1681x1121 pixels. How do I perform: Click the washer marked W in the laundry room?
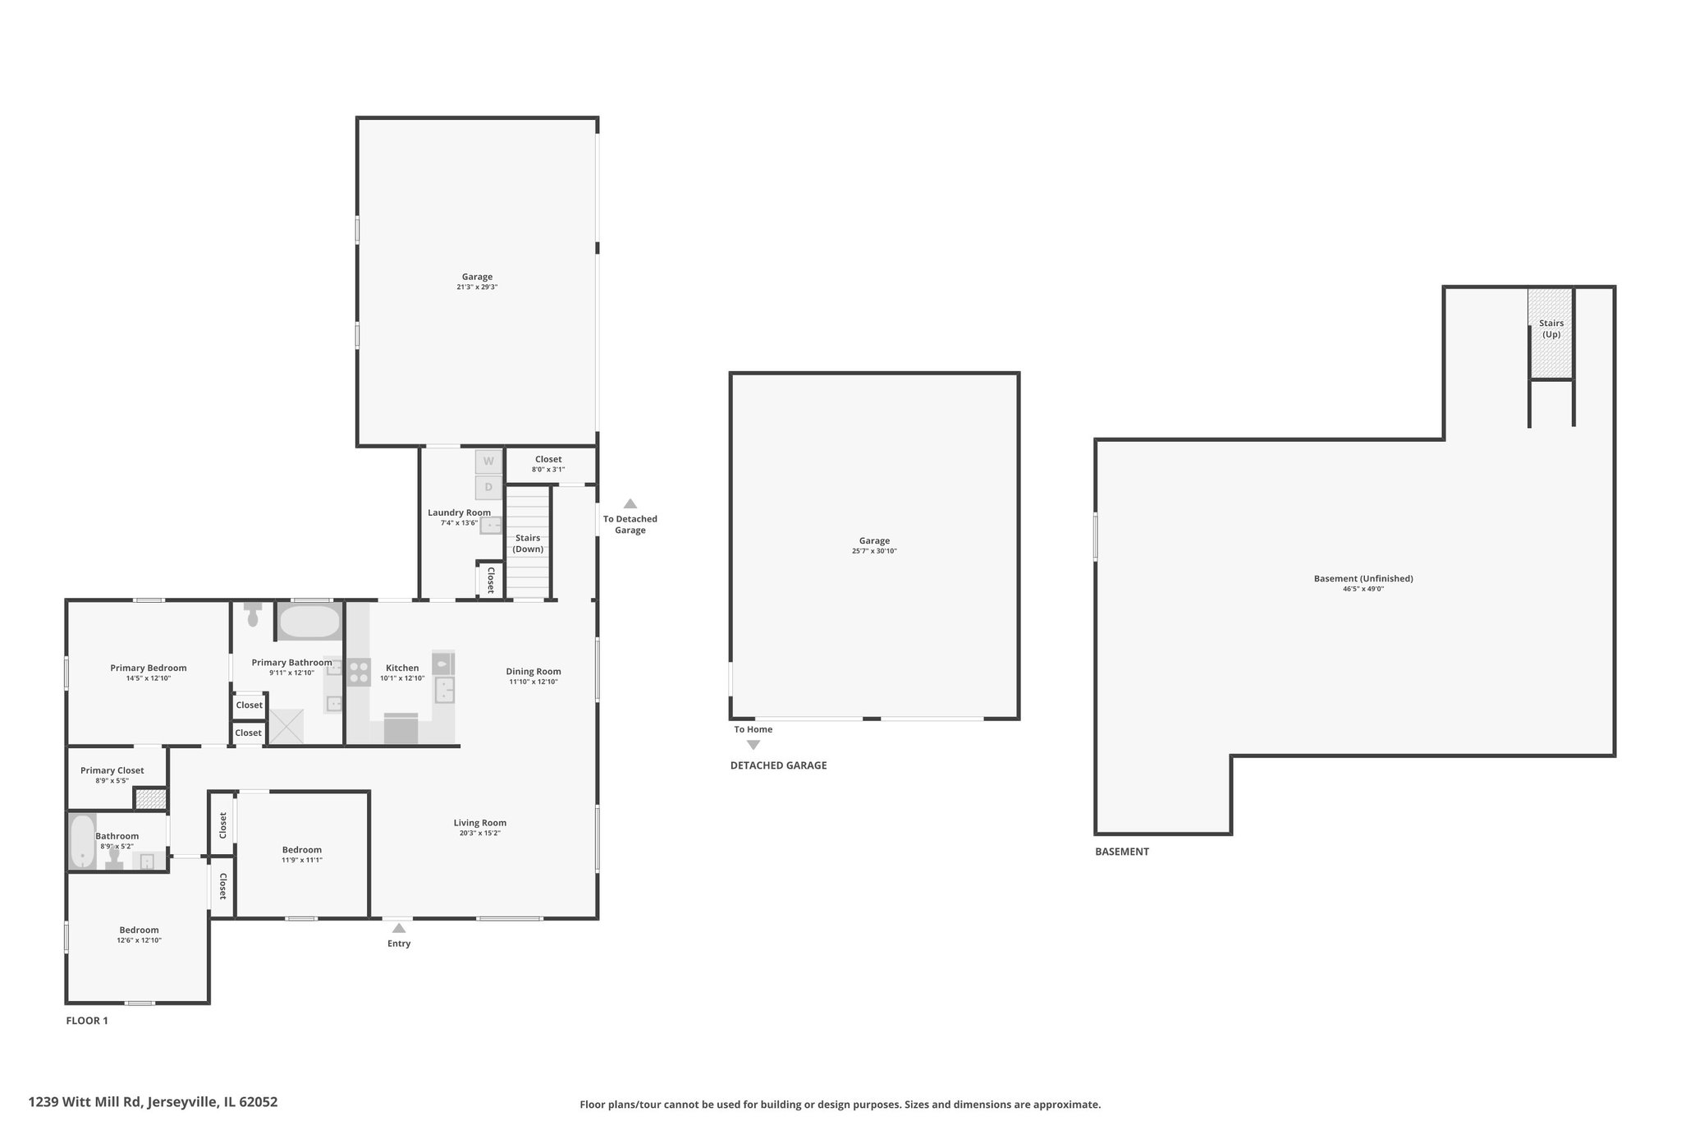[x=488, y=461]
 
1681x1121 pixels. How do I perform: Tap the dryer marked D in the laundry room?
[x=488, y=487]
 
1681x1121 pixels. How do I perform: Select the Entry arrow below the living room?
[x=398, y=928]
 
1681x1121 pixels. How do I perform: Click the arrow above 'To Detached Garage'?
[x=630, y=503]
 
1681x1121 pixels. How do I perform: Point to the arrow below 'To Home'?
[x=753, y=745]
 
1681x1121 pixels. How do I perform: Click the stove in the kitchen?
[x=359, y=672]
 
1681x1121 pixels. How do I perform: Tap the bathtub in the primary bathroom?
[x=309, y=622]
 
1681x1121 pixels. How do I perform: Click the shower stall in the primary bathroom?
[x=286, y=727]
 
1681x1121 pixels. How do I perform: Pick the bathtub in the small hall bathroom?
[x=82, y=841]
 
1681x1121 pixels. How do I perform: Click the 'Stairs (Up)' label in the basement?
[x=1551, y=328]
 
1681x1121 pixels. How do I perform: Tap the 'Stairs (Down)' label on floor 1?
[x=528, y=544]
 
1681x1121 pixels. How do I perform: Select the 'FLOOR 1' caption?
[x=87, y=1021]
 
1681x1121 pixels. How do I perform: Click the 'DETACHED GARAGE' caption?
[x=779, y=765]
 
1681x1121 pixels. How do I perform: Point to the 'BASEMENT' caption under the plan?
[x=1122, y=852]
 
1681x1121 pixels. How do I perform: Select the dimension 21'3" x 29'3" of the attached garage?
[x=477, y=287]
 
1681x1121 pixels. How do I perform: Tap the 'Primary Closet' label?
[x=112, y=770]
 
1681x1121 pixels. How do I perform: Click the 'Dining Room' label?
[x=534, y=672]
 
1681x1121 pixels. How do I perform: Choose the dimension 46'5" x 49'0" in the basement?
[x=1363, y=589]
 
